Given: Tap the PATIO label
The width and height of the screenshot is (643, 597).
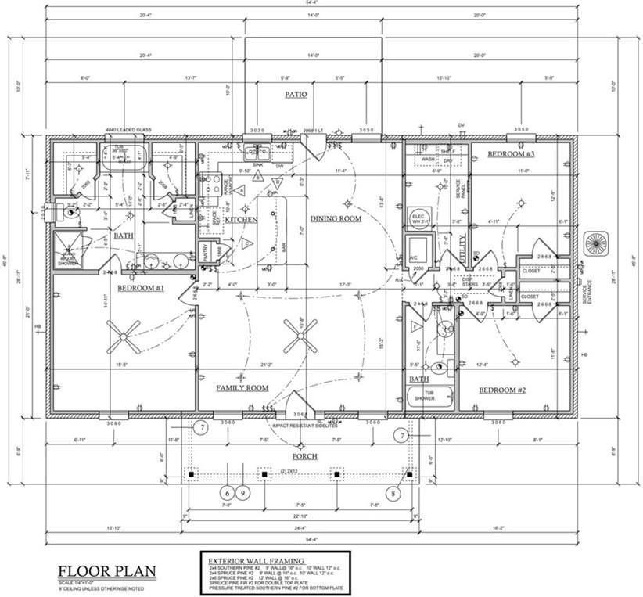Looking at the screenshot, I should [x=295, y=95].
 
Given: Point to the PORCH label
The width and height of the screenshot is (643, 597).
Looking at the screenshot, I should [x=304, y=456].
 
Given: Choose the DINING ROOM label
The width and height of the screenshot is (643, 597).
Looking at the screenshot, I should [x=336, y=218].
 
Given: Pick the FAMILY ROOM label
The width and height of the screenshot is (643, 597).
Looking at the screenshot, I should [x=242, y=387].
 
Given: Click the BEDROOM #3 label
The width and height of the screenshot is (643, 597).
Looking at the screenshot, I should [x=511, y=154].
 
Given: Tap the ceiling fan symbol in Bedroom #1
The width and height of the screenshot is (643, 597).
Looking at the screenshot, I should [x=124, y=338].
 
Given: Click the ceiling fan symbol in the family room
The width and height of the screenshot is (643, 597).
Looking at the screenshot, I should [x=300, y=338].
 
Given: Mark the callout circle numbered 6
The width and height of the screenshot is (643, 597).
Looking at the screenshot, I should [x=227, y=494].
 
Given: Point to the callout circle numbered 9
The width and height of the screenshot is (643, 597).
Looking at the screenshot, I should [x=243, y=494].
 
